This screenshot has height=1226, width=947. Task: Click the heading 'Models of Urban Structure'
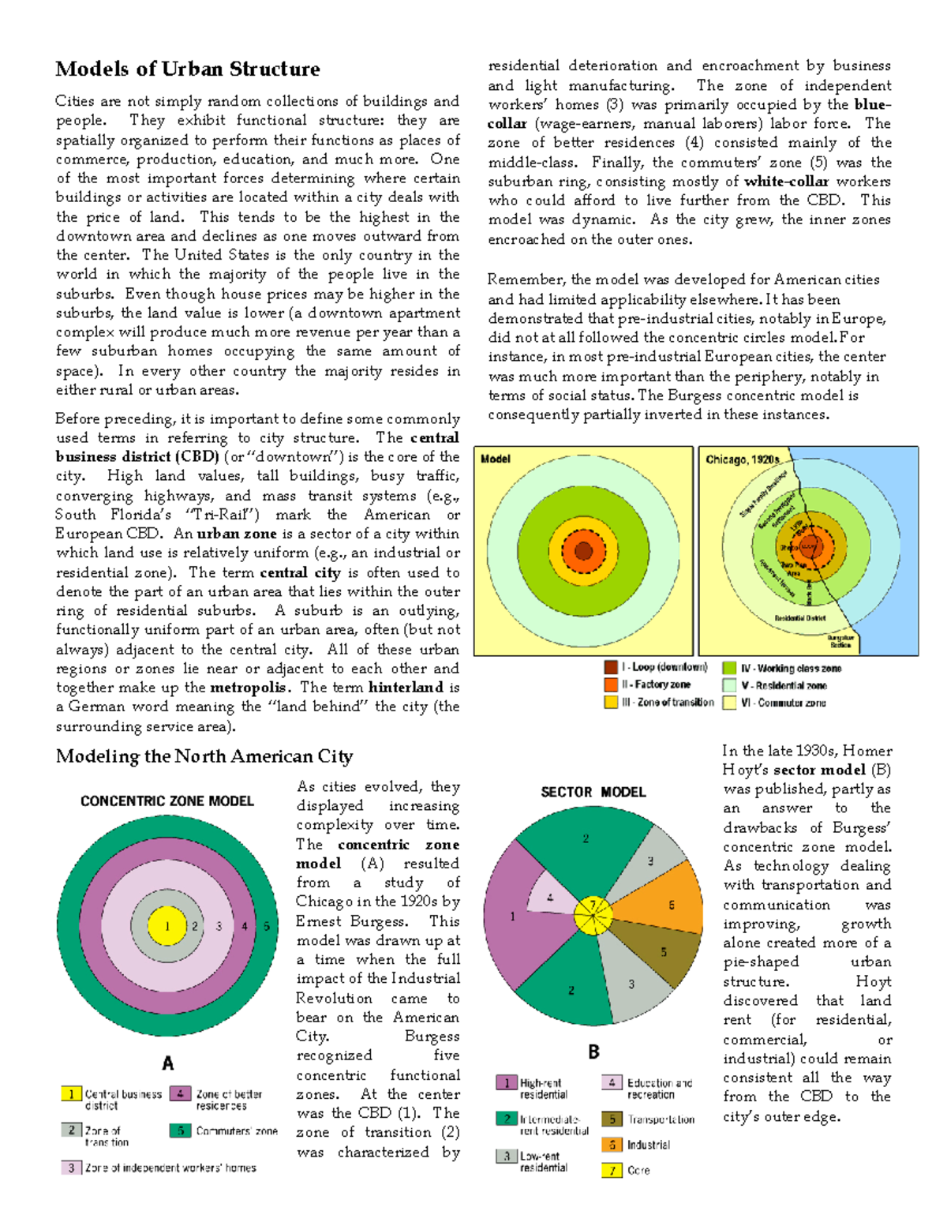(188, 69)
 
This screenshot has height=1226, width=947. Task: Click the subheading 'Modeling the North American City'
(204, 756)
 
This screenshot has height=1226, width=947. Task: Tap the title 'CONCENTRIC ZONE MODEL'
(167, 801)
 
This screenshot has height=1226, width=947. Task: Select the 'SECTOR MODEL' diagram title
(593, 792)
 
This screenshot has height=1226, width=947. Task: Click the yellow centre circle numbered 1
(167, 926)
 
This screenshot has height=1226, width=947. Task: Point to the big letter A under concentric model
(168, 1063)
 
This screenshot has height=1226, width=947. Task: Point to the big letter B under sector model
(593, 1052)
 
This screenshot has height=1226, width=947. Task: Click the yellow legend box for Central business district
(71, 1094)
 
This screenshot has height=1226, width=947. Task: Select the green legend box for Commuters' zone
(180, 1130)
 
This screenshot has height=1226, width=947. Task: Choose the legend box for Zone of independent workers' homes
(71, 1168)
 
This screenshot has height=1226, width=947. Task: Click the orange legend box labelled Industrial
(612, 1145)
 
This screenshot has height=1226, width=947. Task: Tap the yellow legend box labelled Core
(612, 1170)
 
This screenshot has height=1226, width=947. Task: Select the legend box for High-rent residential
(506, 1083)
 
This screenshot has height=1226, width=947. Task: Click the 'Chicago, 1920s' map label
(742, 459)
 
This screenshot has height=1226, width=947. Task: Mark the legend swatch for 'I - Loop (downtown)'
(611, 667)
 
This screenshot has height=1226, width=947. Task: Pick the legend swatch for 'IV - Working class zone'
(729, 668)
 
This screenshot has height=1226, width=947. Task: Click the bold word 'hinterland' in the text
(406, 688)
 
